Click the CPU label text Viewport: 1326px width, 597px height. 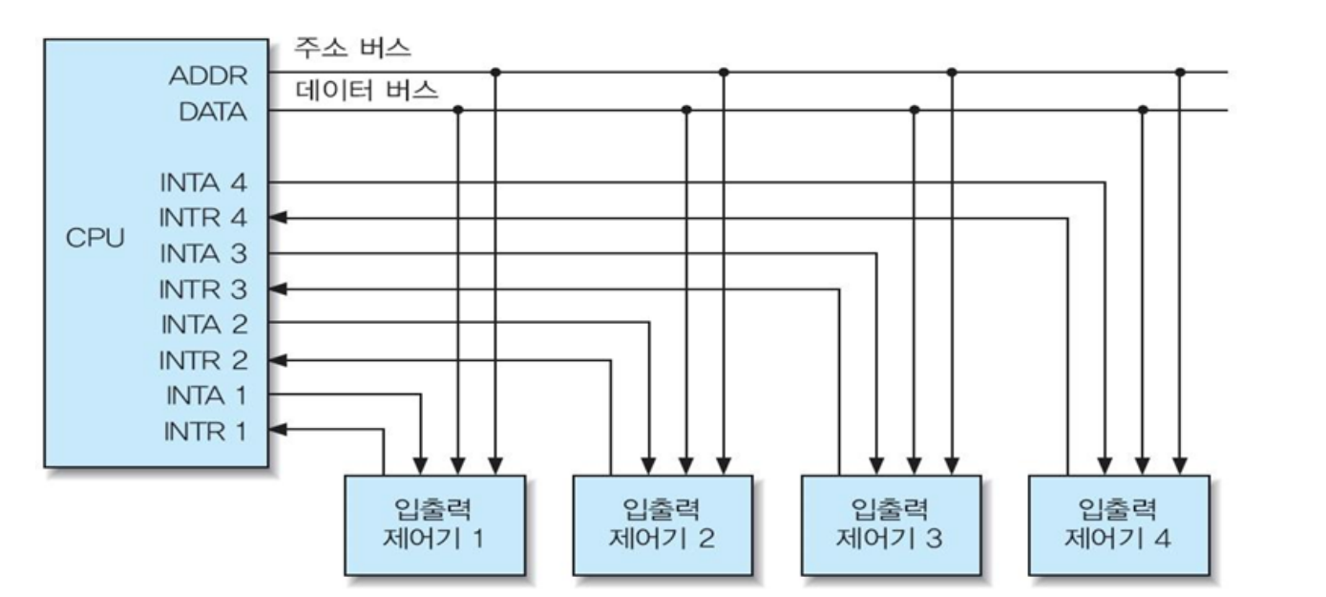[94, 239]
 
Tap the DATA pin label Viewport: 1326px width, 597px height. [212, 113]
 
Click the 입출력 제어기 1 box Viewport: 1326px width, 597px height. [434, 524]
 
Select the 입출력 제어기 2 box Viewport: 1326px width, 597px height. [663, 524]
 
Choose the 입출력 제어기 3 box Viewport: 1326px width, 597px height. [891, 524]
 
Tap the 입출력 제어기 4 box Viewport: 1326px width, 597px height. [1119, 524]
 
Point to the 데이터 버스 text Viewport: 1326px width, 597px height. [368, 91]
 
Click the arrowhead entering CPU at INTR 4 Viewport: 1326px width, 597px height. [277, 218]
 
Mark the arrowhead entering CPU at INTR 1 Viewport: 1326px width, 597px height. [277, 432]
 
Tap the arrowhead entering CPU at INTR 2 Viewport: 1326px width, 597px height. [277, 361]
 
